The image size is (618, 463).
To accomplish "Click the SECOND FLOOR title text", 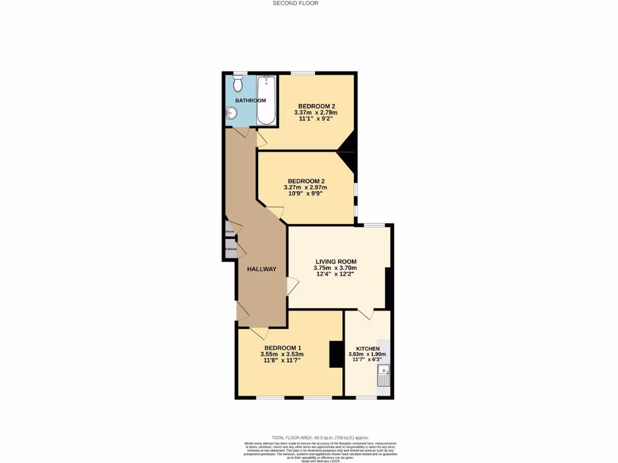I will click(295, 3).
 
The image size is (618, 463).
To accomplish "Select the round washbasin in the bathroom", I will click(232, 113).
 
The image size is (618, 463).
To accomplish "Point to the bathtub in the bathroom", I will click(266, 100).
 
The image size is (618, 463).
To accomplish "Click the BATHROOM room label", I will click(250, 100).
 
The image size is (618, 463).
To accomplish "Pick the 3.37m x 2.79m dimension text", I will click(316, 112).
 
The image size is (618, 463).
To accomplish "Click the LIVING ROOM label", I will click(336, 261).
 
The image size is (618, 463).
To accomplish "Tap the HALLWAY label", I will click(261, 269).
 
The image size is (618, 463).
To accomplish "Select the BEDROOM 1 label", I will click(282, 348).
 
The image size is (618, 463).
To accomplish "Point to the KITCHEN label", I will click(368, 349).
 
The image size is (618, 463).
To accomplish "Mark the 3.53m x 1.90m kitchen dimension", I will click(367, 354).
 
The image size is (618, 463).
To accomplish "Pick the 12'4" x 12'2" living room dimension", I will click(335, 274).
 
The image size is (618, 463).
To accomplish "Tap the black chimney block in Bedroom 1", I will click(336, 354).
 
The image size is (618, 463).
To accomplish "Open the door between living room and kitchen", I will click(365, 314).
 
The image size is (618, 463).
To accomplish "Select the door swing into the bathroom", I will click(240, 132).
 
